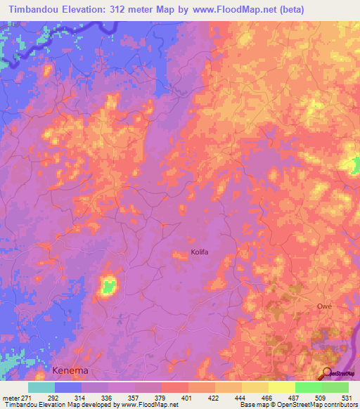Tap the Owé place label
pyautogui.click(x=323, y=306)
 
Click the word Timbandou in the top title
pyautogui.click(x=33, y=11)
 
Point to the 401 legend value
pyautogui.click(x=188, y=397)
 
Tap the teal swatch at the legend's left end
pyautogui.click(x=41, y=387)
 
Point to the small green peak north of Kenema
pyautogui.click(x=108, y=286)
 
